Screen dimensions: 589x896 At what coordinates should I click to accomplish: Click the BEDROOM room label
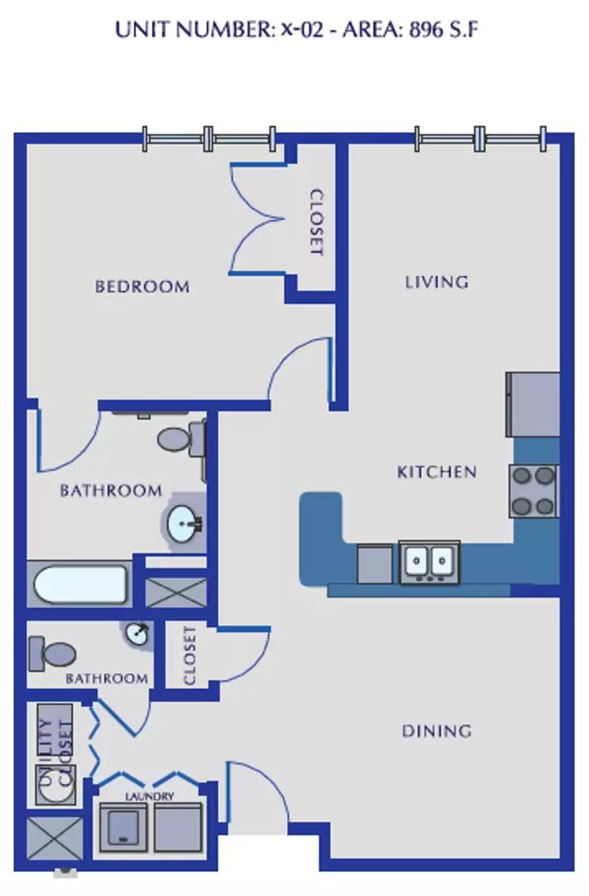(142, 286)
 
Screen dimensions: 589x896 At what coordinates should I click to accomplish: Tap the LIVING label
(437, 282)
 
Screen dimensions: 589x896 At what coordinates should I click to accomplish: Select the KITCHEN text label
(437, 472)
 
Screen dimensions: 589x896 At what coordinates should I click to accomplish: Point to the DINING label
(437, 731)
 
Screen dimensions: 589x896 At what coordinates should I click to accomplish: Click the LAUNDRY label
(149, 796)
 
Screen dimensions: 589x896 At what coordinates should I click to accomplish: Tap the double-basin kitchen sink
(430, 562)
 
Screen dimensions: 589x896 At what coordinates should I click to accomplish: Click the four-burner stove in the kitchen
(533, 491)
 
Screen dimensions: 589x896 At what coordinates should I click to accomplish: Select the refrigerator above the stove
(533, 405)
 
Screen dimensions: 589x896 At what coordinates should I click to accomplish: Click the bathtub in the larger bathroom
(80, 583)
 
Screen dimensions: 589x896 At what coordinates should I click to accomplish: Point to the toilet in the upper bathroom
(182, 438)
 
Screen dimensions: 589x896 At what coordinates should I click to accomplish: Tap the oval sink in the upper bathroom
(184, 523)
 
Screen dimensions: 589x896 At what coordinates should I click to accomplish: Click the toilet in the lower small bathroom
(52, 655)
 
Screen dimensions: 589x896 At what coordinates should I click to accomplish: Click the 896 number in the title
(426, 29)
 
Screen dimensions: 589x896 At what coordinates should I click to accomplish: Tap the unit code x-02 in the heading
(302, 29)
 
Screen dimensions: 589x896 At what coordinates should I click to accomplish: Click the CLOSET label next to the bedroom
(316, 223)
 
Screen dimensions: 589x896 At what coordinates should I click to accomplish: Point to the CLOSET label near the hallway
(190, 655)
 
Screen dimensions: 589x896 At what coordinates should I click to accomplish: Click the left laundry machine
(124, 828)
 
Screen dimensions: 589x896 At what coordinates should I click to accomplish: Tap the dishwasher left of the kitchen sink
(375, 565)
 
